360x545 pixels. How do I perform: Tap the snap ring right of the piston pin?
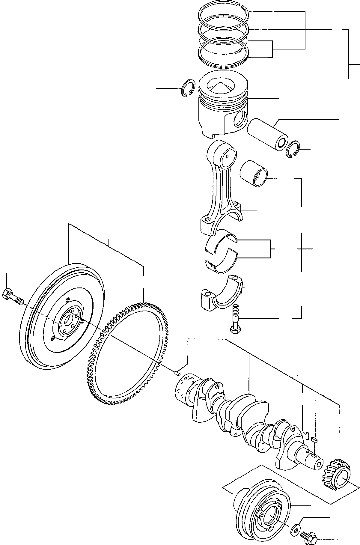point(293,149)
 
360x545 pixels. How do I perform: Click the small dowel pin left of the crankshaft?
point(177,373)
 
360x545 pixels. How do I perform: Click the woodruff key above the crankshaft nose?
point(314,439)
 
